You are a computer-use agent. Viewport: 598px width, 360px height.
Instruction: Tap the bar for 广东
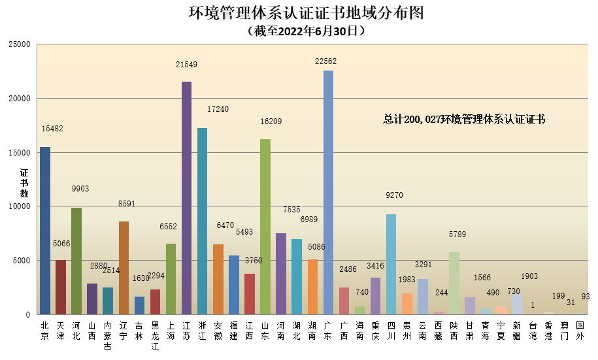(328, 192)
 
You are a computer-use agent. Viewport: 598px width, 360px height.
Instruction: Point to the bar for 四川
(391, 264)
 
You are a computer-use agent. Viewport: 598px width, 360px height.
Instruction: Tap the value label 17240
(218, 109)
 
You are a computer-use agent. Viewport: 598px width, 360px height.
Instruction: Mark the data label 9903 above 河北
(80, 189)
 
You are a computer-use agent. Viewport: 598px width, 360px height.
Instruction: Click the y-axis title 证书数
(24, 184)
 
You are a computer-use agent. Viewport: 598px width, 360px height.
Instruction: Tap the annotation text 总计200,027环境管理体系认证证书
(464, 120)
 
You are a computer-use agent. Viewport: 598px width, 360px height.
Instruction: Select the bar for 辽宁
(124, 267)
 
